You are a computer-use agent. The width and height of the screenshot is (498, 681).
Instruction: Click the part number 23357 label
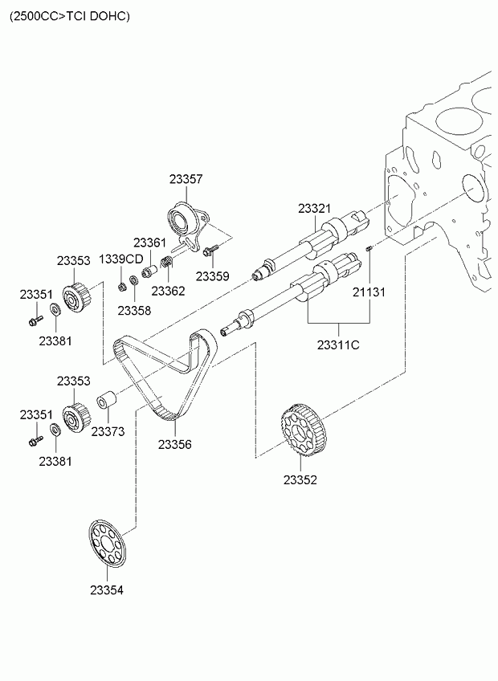tap(186, 181)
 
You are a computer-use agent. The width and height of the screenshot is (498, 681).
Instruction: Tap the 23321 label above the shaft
tap(315, 208)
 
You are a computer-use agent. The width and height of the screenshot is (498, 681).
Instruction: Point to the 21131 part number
tap(369, 292)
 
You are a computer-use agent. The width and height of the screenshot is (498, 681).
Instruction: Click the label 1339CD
tap(120, 259)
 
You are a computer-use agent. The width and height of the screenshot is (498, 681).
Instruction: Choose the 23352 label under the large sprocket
tap(300, 480)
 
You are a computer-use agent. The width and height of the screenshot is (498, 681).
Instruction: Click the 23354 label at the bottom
tap(107, 590)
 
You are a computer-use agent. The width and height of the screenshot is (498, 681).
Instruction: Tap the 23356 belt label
tap(174, 443)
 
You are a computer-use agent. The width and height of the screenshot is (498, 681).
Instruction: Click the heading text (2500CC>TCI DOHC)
tap(68, 15)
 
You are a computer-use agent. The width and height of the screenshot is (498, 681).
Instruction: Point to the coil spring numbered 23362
tap(167, 263)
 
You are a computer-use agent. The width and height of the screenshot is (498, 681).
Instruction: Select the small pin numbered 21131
tap(369, 250)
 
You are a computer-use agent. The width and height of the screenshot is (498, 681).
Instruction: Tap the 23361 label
tap(149, 242)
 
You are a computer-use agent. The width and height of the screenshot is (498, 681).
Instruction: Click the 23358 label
tap(134, 310)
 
